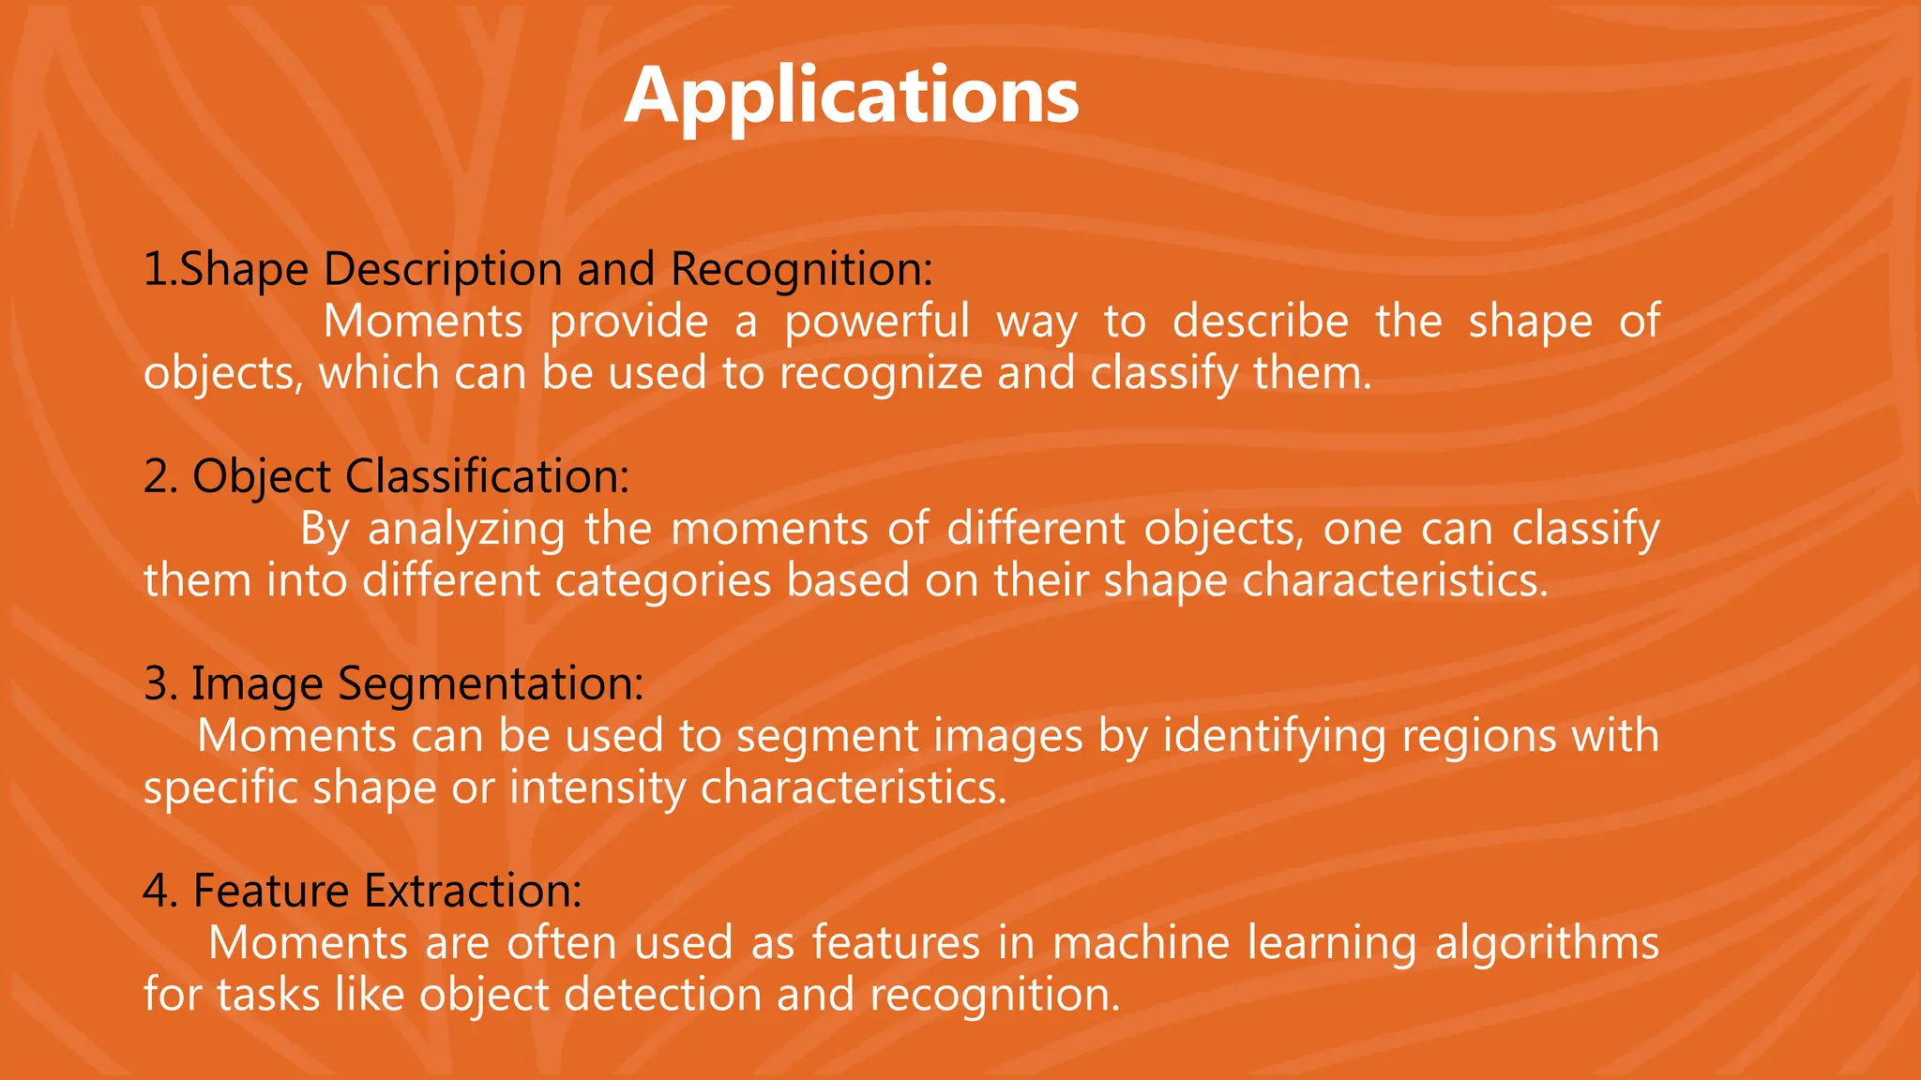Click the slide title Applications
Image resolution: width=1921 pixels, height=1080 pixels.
pos(851,96)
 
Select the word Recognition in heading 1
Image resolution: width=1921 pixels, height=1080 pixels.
pos(801,270)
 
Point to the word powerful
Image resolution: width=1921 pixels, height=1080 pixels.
pos(877,322)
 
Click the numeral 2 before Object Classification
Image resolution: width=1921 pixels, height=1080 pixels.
pos(157,476)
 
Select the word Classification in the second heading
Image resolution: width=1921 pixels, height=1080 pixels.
pos(487,476)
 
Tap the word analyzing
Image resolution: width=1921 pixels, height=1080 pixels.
pos(466,530)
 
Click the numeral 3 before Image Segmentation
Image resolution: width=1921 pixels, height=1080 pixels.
pos(157,683)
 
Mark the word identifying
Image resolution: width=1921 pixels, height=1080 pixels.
pos(1275,737)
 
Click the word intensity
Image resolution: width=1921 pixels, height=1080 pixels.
pos(597,787)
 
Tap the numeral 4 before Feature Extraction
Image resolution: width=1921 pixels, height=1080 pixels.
pos(157,891)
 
